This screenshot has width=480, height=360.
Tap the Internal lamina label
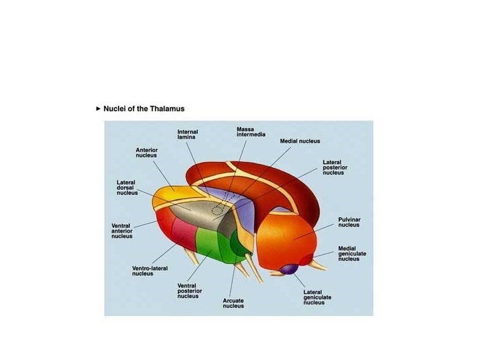point(187,134)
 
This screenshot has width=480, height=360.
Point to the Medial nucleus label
point(300,141)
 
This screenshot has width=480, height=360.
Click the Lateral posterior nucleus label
point(333,167)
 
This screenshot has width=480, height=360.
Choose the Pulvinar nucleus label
point(349,222)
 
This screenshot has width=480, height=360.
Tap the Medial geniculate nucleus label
point(352,253)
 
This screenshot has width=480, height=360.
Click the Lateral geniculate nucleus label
point(317,297)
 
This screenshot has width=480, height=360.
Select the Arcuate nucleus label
point(233,303)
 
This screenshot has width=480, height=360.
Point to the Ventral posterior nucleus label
point(190,291)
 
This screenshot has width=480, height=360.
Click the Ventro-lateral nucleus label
point(150,271)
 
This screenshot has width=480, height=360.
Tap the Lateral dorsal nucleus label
point(127,187)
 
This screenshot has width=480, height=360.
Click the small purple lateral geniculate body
point(288,269)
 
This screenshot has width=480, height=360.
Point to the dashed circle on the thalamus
point(217,210)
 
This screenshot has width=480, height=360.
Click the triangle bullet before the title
point(99,108)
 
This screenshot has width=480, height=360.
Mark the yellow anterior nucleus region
point(175,193)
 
